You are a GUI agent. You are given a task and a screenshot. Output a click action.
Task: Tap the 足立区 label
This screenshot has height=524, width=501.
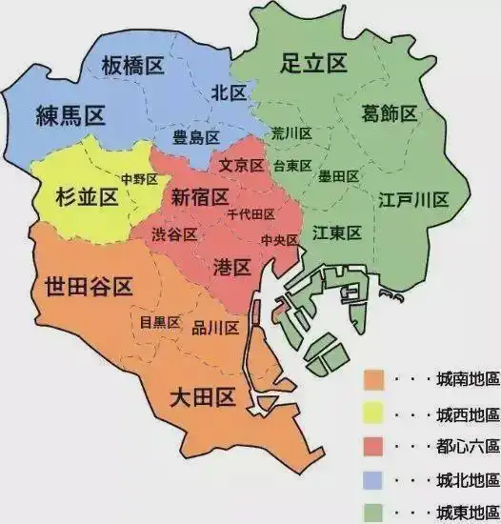point(313,64)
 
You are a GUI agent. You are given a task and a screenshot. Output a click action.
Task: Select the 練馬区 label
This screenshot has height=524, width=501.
point(70,116)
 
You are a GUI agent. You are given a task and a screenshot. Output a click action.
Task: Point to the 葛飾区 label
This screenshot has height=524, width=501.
point(389,114)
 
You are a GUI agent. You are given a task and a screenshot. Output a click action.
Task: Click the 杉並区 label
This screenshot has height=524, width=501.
point(80,198)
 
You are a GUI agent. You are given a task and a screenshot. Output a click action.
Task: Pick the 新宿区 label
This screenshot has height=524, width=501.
point(200,197)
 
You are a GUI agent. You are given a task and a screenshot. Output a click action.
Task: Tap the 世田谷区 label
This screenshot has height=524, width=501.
point(88,287)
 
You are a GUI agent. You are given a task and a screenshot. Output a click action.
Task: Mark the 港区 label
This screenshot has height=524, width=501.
point(232,266)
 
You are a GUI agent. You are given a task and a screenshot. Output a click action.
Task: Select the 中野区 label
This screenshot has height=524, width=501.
point(138,179)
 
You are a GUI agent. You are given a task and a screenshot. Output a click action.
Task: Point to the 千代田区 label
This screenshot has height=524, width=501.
point(251,214)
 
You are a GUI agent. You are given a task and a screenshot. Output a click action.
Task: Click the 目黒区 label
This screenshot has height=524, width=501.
point(160,322)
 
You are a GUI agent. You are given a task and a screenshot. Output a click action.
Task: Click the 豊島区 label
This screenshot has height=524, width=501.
point(195,138)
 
